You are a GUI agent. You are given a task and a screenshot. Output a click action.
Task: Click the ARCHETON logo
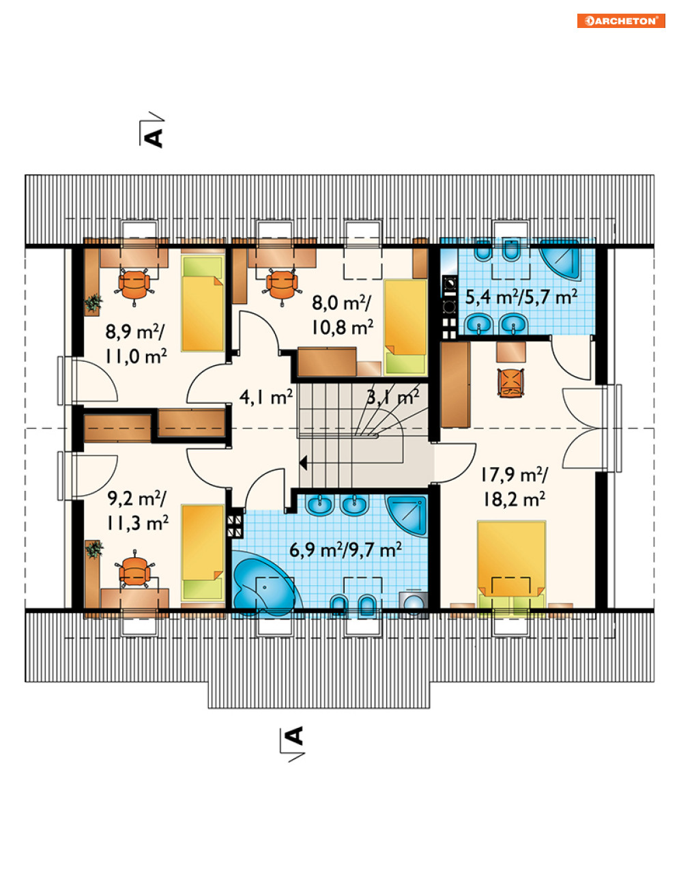[x=621, y=21]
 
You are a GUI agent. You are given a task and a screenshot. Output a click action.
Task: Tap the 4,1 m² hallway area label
[x=265, y=397]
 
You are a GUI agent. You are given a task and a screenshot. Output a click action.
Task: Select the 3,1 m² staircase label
[x=393, y=397]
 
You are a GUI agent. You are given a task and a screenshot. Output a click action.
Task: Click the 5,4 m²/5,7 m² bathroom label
[x=521, y=298]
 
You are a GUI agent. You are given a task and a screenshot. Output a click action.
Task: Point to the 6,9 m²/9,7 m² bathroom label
[x=345, y=550]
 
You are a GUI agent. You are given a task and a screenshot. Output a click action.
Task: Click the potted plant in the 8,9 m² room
[x=93, y=302]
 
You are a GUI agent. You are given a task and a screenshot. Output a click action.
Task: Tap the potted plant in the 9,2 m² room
[x=94, y=549]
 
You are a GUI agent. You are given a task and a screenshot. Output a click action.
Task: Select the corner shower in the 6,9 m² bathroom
[x=406, y=516]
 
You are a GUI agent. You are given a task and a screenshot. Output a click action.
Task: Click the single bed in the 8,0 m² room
[x=405, y=327]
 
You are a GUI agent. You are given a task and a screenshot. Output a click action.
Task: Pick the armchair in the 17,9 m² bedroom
[x=510, y=382]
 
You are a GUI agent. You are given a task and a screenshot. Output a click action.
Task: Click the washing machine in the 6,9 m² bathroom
[x=414, y=604]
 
